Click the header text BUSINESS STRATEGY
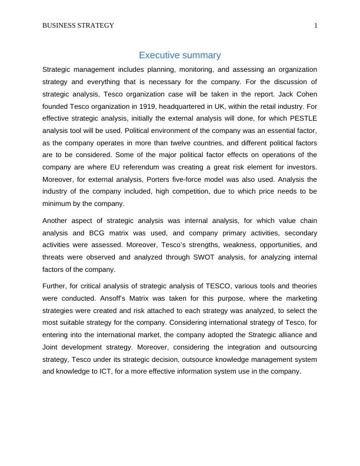point(78,25)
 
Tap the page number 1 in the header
point(315,25)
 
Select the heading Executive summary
point(179,55)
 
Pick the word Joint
point(52,347)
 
